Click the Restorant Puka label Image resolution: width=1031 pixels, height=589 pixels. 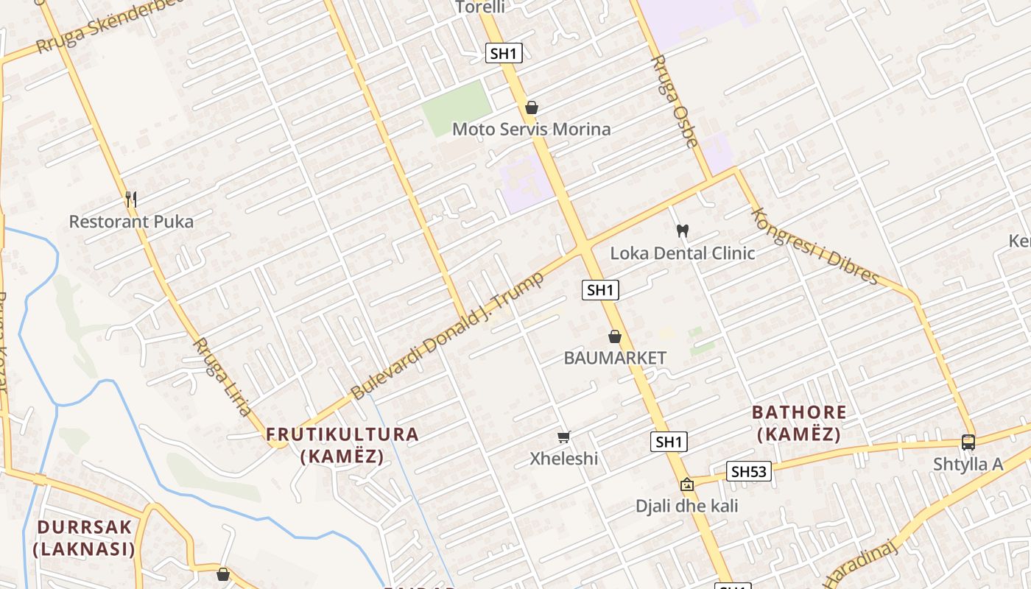pyautogui.click(x=131, y=222)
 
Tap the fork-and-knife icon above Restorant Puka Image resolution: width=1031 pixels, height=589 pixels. pyautogui.click(x=131, y=199)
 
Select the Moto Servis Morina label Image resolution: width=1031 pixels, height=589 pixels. pyautogui.click(x=531, y=130)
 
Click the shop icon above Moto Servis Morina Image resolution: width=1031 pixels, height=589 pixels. pyautogui.click(x=532, y=108)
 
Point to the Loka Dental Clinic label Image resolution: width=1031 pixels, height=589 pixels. pyautogui.click(x=683, y=253)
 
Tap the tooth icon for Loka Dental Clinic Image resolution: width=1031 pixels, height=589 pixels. pyautogui.click(x=682, y=230)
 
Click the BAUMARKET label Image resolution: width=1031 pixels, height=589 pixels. pyautogui.click(x=615, y=359)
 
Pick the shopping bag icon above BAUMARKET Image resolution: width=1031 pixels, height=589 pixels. pyautogui.click(x=615, y=337)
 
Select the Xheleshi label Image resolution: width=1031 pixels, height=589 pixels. pyautogui.click(x=564, y=459)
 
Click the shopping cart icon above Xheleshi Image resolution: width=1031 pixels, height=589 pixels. pyautogui.click(x=564, y=437)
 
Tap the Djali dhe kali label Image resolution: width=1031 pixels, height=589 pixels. pyautogui.click(x=687, y=507)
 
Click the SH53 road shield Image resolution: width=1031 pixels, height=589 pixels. pyautogui.click(x=749, y=471)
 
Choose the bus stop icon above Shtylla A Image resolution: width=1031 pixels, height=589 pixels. pyautogui.click(x=968, y=442)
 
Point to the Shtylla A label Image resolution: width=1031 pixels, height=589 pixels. pyautogui.click(x=968, y=465)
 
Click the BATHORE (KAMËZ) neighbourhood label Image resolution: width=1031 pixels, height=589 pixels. pyautogui.click(x=799, y=423)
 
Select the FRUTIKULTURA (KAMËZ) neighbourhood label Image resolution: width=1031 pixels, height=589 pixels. pyautogui.click(x=342, y=445)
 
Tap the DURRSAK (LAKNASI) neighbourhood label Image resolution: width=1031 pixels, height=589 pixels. pyautogui.click(x=85, y=538)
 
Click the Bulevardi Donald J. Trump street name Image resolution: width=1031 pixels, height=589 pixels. pyautogui.click(x=447, y=336)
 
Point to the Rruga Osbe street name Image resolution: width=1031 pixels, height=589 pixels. pyautogui.click(x=674, y=101)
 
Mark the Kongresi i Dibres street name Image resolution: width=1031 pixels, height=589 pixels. pyautogui.click(x=814, y=246)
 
